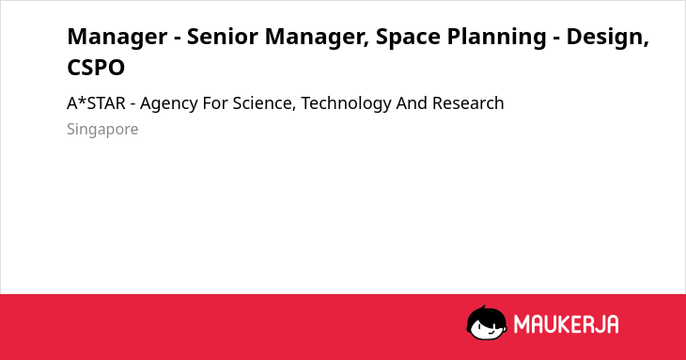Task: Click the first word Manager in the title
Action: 117,38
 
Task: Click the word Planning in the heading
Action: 496,38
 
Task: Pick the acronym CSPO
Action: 96,68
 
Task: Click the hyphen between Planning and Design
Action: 556,39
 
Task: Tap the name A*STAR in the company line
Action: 96,103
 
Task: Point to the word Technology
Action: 346,104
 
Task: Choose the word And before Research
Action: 413,103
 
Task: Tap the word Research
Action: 468,103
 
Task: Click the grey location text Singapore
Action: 102,130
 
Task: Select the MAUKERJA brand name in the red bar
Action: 566,324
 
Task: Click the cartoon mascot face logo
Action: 487,322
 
